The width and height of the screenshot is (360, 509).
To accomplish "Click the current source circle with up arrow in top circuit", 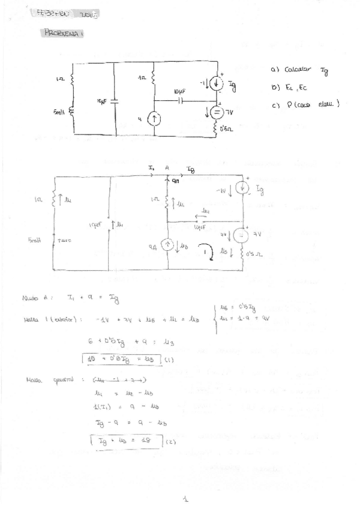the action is (155, 119).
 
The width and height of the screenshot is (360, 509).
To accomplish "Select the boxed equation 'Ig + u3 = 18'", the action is (125, 441).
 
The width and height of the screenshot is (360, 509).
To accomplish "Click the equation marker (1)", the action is (169, 360).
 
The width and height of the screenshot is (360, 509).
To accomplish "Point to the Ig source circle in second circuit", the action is (242, 188).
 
